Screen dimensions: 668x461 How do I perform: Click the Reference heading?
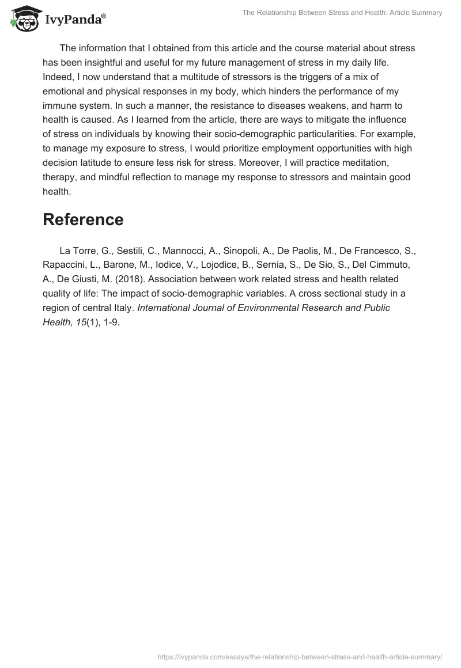click(x=83, y=219)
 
